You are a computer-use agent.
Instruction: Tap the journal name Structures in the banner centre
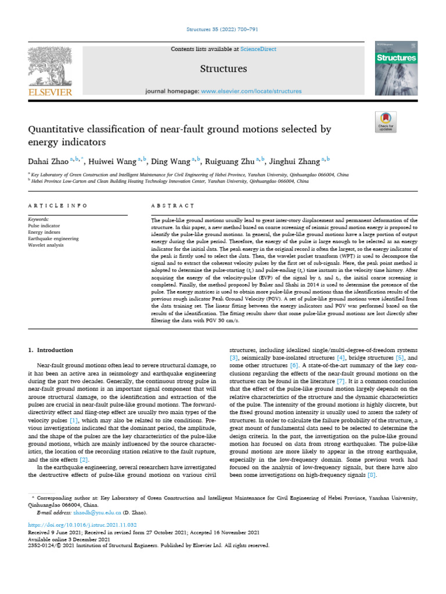coord(223,69)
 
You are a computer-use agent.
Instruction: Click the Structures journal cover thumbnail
coord(396,68)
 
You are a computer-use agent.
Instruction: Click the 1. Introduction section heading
coord(51,350)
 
